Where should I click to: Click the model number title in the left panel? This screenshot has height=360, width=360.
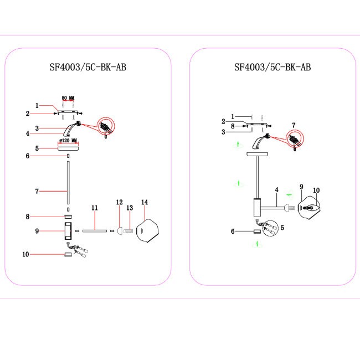pyautogui.click(x=88, y=68)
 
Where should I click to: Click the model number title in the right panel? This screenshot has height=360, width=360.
pyautogui.click(x=272, y=68)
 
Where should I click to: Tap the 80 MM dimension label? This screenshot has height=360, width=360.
pyautogui.click(x=68, y=97)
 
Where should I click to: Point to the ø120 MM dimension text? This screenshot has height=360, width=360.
pyautogui.click(x=68, y=140)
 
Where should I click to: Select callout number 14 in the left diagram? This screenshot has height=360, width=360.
pyautogui.click(x=145, y=203)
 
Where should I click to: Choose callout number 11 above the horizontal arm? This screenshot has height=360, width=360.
pyautogui.click(x=95, y=208)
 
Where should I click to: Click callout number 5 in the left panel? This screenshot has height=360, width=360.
pyautogui.click(x=36, y=148)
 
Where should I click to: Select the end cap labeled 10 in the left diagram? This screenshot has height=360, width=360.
pyautogui.click(x=68, y=254)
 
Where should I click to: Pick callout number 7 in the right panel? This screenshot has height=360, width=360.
pyautogui.click(x=294, y=126)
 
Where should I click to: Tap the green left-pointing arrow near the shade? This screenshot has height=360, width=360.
pyautogui.click(x=289, y=194)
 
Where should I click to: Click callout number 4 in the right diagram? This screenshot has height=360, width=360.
pyautogui.click(x=276, y=191)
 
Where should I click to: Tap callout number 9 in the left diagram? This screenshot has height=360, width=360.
pyautogui.click(x=36, y=230)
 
